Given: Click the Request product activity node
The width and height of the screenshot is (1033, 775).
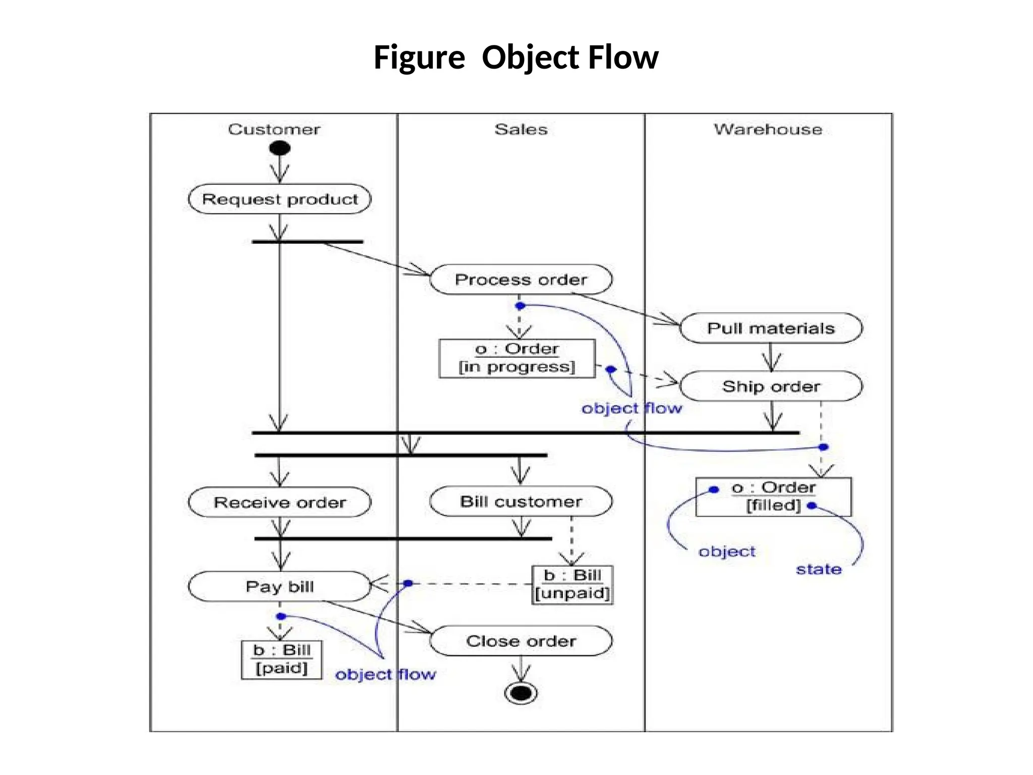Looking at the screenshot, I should click(279, 199).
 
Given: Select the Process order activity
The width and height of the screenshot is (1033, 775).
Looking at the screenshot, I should click(521, 280).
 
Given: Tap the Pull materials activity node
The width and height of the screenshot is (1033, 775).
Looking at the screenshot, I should click(771, 328).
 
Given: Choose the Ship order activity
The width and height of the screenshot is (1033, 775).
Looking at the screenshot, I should click(771, 386).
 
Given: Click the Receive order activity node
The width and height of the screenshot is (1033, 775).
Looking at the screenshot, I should click(279, 503).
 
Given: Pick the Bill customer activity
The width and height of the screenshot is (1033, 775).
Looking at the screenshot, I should click(521, 502).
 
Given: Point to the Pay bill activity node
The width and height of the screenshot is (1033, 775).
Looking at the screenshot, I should click(279, 586).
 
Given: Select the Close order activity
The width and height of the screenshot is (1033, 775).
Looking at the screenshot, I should click(521, 641).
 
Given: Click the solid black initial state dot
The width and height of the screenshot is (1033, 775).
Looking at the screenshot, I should click(280, 148).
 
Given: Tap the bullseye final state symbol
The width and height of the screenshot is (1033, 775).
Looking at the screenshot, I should click(521, 693).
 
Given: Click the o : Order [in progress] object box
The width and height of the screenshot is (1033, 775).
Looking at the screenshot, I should click(517, 358).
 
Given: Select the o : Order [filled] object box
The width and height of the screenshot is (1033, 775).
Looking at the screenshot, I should click(773, 497).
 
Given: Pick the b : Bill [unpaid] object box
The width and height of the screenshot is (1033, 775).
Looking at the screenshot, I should click(572, 585).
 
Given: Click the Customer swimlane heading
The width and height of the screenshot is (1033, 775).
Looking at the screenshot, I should click(274, 130).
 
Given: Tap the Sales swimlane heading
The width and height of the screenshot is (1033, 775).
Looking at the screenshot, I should click(521, 130).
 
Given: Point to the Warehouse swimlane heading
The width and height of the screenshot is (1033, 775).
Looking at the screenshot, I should click(768, 130).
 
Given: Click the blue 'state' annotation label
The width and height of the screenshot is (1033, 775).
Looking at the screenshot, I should click(819, 570).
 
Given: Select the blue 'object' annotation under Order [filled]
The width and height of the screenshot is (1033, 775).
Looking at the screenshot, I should click(727, 551).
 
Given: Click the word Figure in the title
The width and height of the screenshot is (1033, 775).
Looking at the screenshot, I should click(419, 57).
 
